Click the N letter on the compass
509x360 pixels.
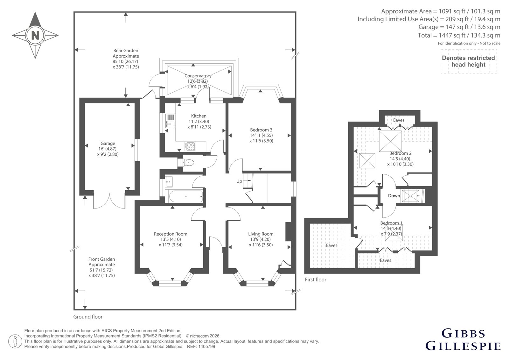(x=35, y=35)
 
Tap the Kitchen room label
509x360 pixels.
(x=199, y=116)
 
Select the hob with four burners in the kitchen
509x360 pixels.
(x=190, y=146)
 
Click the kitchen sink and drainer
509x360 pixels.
(x=170, y=121)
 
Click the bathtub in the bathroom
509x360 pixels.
(x=186, y=196)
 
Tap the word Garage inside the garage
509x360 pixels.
(x=108, y=144)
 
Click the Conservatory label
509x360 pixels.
(x=198, y=76)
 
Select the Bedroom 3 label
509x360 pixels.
(x=261, y=130)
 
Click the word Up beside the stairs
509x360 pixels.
(x=239, y=181)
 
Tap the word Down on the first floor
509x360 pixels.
(x=394, y=195)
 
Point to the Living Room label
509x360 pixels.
(x=261, y=234)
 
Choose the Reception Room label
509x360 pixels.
(x=171, y=234)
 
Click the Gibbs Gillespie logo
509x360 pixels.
(x=463, y=342)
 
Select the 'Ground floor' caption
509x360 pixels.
(x=88, y=317)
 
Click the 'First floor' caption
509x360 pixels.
(x=315, y=280)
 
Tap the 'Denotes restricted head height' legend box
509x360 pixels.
(x=469, y=61)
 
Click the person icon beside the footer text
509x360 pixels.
(x=15, y=341)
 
